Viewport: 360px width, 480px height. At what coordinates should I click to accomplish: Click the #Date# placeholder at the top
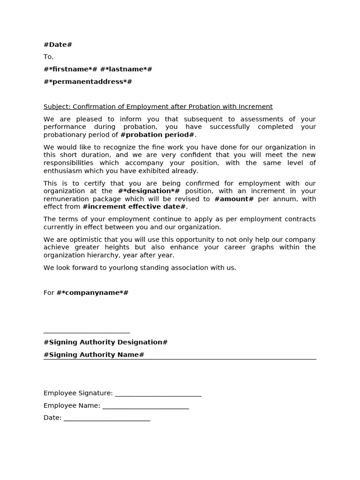tap(58, 45)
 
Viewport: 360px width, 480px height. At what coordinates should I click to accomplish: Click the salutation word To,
tap(49, 57)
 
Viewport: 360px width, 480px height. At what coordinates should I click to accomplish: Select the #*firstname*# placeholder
tap(70, 69)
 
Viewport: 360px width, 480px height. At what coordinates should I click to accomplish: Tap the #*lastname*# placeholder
tap(126, 69)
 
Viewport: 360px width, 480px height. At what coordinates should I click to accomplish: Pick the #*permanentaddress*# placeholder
tap(88, 82)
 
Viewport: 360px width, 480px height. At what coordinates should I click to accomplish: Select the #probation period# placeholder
tap(157, 135)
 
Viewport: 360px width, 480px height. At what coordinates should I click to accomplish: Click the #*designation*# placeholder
tap(149, 191)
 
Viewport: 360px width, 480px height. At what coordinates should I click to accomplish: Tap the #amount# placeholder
tap(234, 199)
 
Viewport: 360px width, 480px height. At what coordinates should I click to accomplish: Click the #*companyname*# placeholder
tap(92, 292)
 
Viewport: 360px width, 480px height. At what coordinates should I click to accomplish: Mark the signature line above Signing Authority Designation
tap(87, 332)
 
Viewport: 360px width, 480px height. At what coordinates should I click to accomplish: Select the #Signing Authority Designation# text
tap(105, 342)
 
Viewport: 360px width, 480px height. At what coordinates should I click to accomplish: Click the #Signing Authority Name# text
tap(94, 355)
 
